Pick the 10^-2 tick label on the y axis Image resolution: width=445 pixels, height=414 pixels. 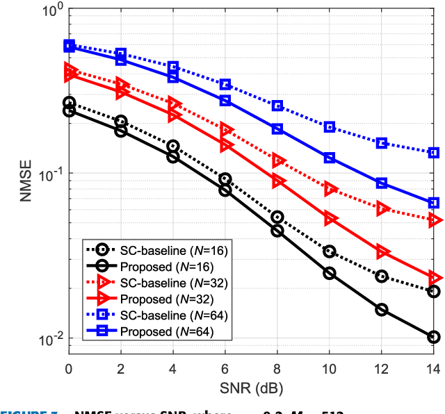[x=49, y=340]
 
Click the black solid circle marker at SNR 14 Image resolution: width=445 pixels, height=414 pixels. [x=434, y=337]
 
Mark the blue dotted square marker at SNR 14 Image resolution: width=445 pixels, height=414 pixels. [x=434, y=152]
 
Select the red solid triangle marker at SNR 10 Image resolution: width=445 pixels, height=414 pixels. [x=330, y=219]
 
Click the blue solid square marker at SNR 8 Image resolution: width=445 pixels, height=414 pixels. [x=277, y=129]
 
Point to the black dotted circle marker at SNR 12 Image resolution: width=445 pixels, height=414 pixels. [x=382, y=276]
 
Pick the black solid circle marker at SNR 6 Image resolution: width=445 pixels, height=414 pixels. [x=225, y=190]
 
